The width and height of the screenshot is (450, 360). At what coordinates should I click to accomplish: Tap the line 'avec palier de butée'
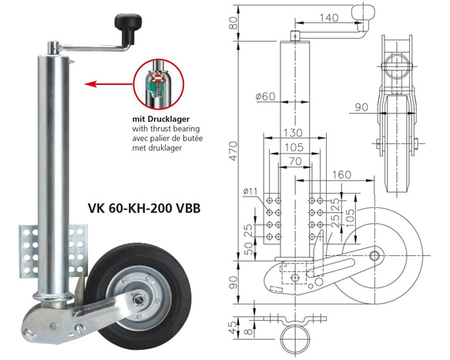click(x=172, y=139)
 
